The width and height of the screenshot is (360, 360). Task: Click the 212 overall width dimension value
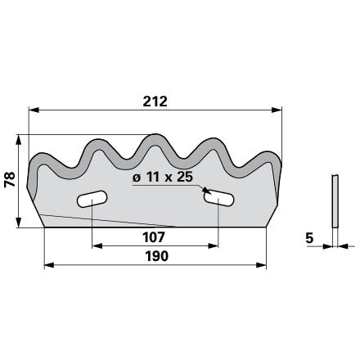pos(155,101)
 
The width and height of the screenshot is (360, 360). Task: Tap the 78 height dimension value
pos(10,179)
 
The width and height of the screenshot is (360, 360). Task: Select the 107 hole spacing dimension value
pos(154,237)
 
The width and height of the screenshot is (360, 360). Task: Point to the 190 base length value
pos(156,256)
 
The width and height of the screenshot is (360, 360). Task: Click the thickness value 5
pos(309,238)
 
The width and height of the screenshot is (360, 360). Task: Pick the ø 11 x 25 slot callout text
pos(163,178)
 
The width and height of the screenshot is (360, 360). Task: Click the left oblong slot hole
pos(92,199)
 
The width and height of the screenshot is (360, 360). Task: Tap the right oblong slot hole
pos(218,198)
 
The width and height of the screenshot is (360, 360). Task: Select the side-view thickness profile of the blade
pos(335,201)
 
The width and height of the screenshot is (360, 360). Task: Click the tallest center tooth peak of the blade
pos(155,136)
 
